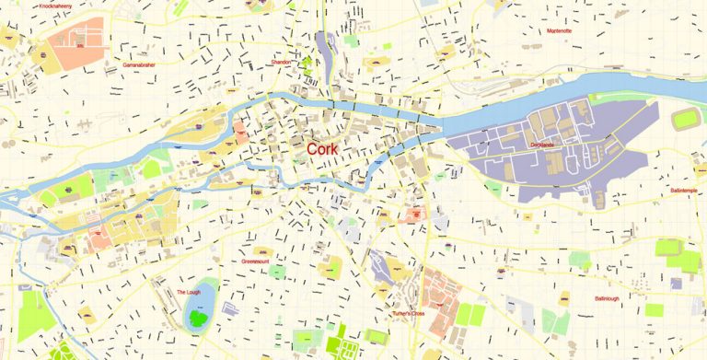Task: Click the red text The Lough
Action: point(188,292)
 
